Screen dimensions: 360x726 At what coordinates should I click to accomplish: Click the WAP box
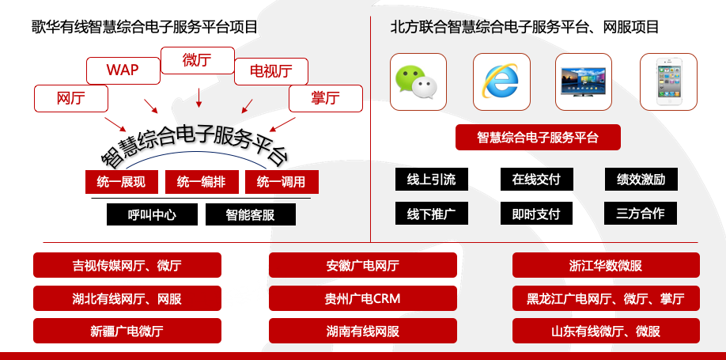point(123,70)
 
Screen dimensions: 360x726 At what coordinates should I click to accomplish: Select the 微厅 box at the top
point(197,60)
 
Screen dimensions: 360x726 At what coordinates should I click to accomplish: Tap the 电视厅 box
point(270,72)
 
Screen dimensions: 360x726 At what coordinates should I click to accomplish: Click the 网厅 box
point(71,98)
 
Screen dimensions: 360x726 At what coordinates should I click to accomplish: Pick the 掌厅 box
point(325,98)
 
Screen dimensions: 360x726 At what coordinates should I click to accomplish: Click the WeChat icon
point(418,81)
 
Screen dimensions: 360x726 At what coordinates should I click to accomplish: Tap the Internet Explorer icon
point(501,81)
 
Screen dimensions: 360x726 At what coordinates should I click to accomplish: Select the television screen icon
point(584,81)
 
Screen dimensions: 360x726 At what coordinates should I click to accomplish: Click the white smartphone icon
point(668,81)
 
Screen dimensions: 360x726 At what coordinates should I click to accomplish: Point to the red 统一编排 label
point(201,182)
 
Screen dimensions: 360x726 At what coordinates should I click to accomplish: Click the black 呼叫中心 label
point(152,214)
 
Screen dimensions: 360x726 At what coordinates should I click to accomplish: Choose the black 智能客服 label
point(250,214)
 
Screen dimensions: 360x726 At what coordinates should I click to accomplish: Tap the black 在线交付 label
point(536,180)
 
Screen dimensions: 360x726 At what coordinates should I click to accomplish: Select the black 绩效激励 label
point(641,180)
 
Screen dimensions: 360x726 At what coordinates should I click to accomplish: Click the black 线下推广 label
point(431,214)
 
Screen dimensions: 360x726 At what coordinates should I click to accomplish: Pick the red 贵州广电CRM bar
point(363,298)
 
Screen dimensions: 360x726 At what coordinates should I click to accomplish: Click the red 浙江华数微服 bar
point(606,265)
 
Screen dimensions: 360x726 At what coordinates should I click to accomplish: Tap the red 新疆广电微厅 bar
point(127,331)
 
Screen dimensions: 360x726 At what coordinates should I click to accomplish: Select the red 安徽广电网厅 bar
point(363,265)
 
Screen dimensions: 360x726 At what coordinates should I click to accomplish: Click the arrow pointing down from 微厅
point(198,97)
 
